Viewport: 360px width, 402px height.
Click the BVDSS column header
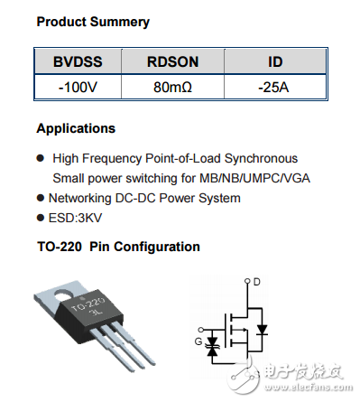[x=78, y=61]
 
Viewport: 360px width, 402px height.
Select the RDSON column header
[x=172, y=61]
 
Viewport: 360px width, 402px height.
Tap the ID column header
[x=275, y=61]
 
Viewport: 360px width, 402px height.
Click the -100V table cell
[x=78, y=88]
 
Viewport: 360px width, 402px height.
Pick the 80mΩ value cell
[x=172, y=88]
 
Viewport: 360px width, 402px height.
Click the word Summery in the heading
[x=120, y=23]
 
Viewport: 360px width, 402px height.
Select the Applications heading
[x=76, y=128]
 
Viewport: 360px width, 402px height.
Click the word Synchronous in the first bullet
[x=261, y=159]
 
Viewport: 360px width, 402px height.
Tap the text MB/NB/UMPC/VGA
[x=254, y=178]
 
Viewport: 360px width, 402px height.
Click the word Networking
[x=80, y=199]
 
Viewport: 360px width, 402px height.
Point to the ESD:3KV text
[x=75, y=218]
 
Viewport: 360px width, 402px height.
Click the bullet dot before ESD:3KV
[x=41, y=218]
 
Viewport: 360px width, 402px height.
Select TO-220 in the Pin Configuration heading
[x=60, y=247]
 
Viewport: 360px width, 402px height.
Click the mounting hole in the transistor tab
[x=64, y=294]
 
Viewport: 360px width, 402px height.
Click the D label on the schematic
[x=256, y=282]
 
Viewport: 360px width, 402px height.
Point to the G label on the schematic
[x=198, y=341]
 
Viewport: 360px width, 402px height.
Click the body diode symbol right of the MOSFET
[x=263, y=330]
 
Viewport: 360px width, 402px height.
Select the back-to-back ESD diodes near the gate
[x=212, y=347]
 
